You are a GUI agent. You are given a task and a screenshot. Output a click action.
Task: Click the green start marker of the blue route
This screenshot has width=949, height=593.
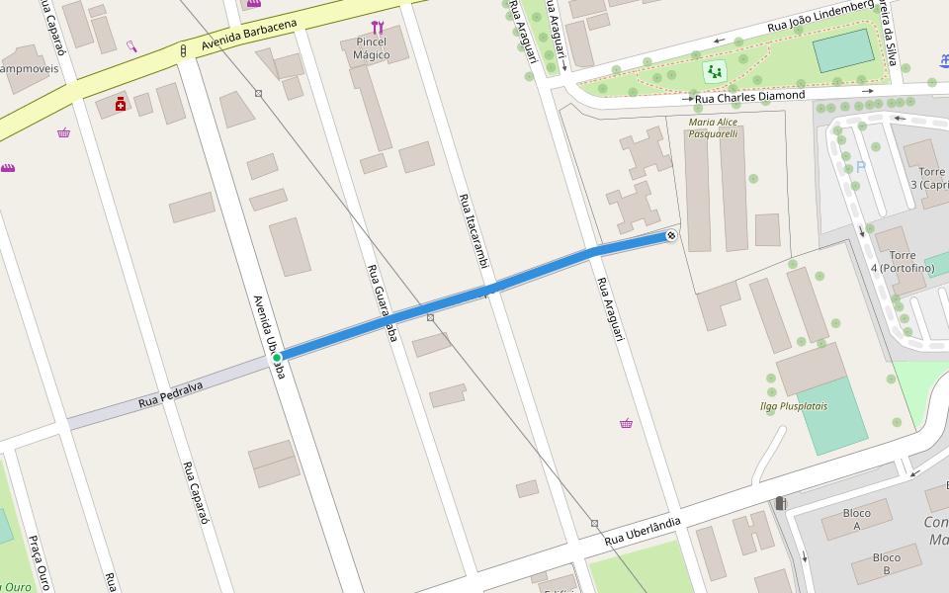[278, 357]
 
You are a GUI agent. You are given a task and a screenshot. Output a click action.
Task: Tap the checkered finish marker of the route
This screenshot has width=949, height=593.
[671, 235]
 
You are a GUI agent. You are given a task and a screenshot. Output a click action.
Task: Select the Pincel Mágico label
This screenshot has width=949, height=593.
[372, 48]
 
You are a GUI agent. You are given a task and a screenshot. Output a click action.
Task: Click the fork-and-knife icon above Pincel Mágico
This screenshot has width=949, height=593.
[377, 28]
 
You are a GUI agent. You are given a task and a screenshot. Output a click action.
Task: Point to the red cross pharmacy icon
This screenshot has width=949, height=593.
[121, 104]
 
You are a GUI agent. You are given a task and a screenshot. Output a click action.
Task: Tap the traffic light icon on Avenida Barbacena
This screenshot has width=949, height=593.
[184, 49]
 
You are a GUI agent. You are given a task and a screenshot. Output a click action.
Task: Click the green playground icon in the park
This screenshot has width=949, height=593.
[714, 71]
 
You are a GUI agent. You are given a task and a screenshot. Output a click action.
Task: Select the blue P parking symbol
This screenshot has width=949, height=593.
[860, 167]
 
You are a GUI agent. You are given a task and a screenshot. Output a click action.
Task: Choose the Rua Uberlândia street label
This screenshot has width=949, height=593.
[643, 531]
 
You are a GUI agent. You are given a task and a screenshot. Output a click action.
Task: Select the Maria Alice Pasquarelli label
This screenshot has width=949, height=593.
[714, 127]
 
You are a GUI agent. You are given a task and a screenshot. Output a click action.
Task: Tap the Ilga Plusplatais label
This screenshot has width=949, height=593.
[793, 406]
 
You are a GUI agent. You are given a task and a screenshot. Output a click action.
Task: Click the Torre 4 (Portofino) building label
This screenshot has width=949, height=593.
[902, 262]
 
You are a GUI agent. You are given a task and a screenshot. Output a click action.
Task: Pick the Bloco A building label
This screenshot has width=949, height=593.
[857, 520]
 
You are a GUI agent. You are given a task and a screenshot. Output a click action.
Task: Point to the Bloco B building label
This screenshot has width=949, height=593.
[886, 563]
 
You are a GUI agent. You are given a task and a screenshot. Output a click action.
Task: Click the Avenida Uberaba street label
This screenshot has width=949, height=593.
[268, 336]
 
